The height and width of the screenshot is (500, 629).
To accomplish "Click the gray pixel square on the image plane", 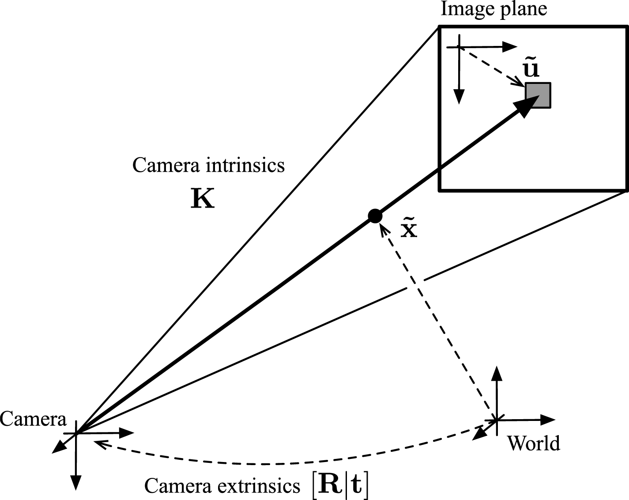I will (538, 95).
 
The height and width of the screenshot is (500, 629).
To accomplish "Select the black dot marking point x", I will (375, 216).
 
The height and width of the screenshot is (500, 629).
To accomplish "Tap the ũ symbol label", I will (531, 70).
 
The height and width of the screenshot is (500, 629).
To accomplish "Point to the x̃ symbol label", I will (409, 230).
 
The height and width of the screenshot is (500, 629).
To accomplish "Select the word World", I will (534, 443).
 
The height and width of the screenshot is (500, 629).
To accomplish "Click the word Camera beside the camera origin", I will (33, 419).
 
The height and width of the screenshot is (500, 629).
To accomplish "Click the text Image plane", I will (493, 9).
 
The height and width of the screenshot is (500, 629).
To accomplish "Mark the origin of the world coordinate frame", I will (497, 420).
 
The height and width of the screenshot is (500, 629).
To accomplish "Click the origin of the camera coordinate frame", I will (77, 433).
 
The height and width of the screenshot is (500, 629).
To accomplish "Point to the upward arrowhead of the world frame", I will (497, 374).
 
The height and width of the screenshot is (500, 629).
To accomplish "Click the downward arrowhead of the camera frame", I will (77, 483).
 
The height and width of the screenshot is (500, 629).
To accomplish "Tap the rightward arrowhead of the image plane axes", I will (511, 46).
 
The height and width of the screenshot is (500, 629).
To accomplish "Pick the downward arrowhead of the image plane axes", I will (460, 96).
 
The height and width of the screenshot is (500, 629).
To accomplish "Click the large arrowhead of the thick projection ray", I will (524, 107).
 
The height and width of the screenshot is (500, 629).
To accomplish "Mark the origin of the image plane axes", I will (460, 47).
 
